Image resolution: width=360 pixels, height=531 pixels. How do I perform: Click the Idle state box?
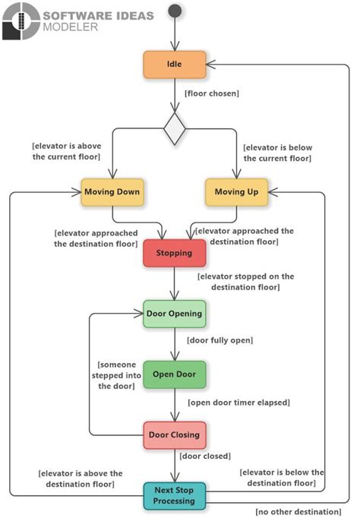coord(175,65)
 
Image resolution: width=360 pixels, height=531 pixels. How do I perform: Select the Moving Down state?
coord(112,192)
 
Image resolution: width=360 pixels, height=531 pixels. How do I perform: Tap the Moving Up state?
coord(236,192)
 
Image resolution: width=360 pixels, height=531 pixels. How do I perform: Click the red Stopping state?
coord(174,253)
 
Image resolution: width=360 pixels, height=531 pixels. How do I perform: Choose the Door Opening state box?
coord(174,314)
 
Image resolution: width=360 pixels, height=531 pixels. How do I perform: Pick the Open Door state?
coord(174,375)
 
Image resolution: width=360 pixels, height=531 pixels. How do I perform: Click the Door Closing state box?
coord(174,435)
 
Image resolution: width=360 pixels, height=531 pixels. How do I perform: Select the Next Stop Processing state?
coord(175,495)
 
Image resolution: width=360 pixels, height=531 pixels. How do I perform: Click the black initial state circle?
coord(175,11)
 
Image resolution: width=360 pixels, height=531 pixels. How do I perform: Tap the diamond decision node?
coord(175,130)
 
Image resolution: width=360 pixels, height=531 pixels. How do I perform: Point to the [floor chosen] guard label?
coord(212,94)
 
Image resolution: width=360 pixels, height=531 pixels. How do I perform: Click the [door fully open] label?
coord(219,340)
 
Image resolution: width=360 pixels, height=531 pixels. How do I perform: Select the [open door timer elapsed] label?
coord(238,402)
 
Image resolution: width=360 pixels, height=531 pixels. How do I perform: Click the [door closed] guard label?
coord(204,457)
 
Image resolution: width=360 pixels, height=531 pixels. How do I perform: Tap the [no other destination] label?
coord(298,511)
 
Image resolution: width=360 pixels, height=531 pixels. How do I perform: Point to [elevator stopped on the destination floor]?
coord(245,282)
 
